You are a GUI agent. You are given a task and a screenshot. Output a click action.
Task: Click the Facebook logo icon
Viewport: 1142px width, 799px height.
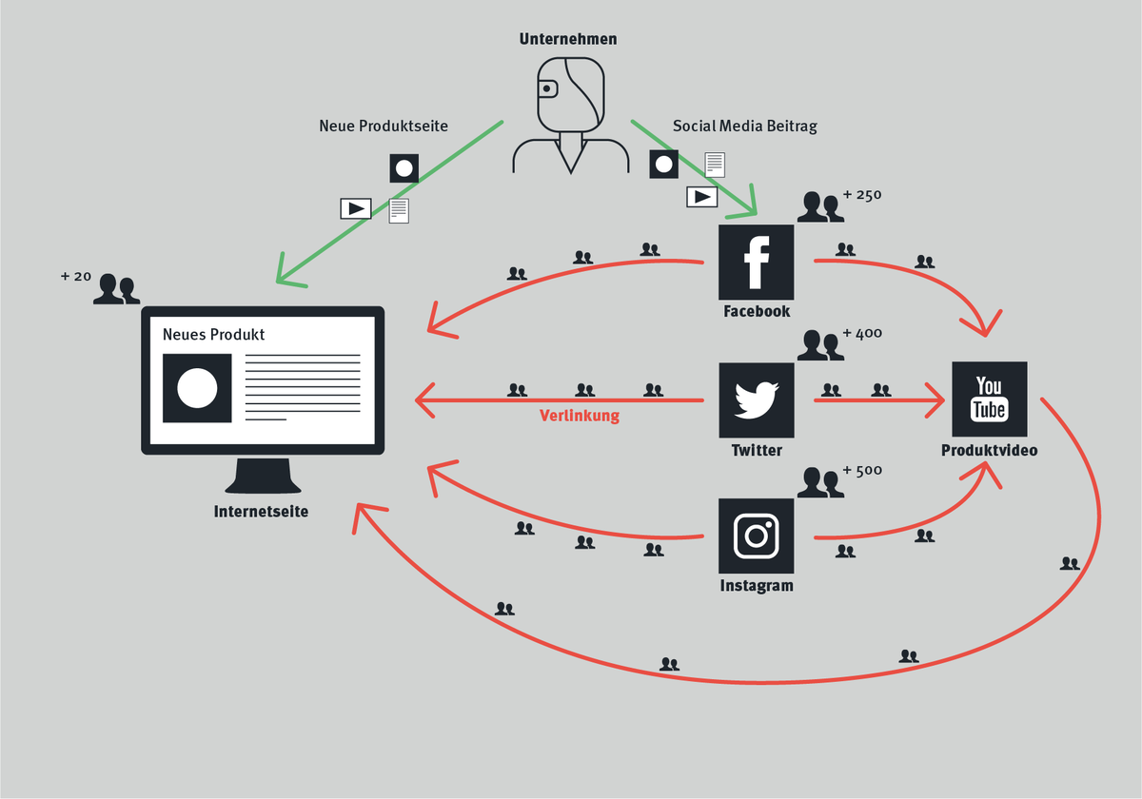756,263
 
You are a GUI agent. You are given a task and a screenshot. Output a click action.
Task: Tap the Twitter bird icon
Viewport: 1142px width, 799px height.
756,400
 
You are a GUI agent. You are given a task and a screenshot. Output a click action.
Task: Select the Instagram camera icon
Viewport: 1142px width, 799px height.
756,536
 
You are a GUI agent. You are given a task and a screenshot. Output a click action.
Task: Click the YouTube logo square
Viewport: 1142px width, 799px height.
989,399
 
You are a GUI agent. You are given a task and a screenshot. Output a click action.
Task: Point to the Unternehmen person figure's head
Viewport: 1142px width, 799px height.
569,92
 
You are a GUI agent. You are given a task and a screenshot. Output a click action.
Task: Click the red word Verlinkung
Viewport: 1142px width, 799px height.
580,416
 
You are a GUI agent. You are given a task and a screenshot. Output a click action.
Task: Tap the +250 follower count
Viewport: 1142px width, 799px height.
862,196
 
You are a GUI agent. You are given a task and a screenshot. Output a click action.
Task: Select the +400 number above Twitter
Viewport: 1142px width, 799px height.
862,334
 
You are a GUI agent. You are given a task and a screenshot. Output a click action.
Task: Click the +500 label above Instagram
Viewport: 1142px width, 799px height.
862,471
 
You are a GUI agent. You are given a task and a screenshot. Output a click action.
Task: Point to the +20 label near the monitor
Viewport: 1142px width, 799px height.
75,277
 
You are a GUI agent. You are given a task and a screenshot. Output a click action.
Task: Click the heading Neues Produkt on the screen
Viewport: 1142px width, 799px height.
213,335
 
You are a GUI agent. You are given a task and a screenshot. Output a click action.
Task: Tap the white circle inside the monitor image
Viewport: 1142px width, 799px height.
198,388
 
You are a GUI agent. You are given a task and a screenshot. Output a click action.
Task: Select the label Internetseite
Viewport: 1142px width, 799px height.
261,512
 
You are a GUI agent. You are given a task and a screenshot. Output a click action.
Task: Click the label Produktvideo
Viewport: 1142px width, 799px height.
989,451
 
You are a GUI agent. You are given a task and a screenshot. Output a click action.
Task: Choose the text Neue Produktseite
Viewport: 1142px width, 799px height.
384,126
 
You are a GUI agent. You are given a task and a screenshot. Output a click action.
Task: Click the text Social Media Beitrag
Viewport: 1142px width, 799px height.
744,126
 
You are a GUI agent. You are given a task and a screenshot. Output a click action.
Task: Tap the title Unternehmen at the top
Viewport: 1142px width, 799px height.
568,39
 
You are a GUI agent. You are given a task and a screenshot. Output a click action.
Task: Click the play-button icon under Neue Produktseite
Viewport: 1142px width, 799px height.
356,208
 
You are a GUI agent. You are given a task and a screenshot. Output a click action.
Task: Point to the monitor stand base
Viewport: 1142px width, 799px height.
263,477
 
